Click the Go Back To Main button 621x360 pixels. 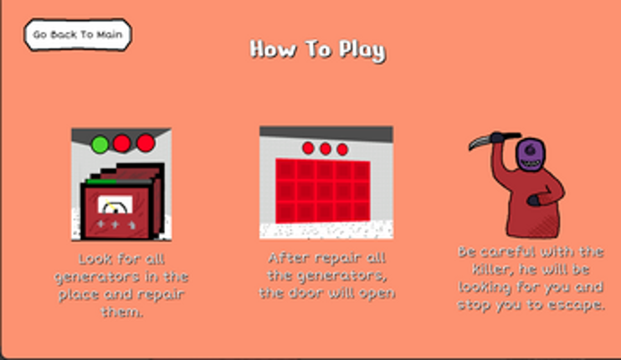(x=78, y=34)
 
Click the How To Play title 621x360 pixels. (x=318, y=50)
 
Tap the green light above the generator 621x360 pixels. (x=100, y=144)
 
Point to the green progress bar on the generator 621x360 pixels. (x=101, y=182)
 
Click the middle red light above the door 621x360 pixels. (x=326, y=149)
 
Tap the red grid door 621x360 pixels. (x=323, y=190)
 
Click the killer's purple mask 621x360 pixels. (x=531, y=154)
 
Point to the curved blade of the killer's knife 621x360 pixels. (x=480, y=141)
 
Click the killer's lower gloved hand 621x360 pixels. (x=533, y=200)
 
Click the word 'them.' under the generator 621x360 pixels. (x=121, y=312)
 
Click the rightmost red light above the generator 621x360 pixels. (x=146, y=143)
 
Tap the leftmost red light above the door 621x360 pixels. (x=308, y=148)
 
